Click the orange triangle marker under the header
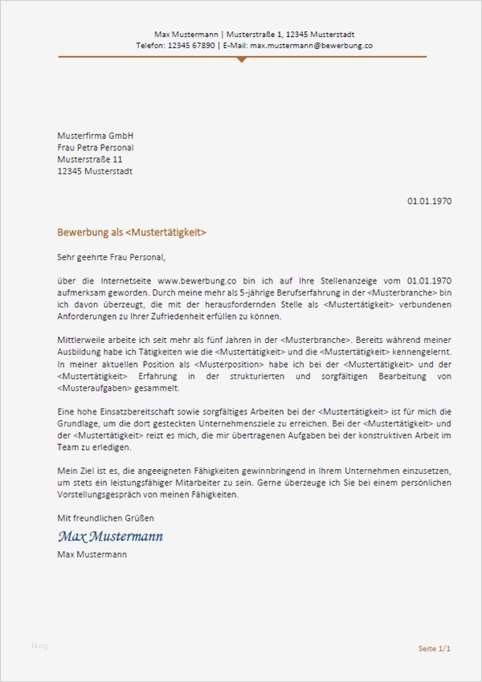[x=242, y=59]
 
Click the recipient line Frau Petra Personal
[x=95, y=148]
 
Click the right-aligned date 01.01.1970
[x=429, y=200]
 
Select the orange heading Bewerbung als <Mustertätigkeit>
[x=132, y=232]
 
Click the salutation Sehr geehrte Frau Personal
[x=110, y=258]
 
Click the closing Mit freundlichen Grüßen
[x=104, y=518]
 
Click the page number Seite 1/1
[x=435, y=647]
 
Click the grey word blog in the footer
[x=40, y=645]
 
